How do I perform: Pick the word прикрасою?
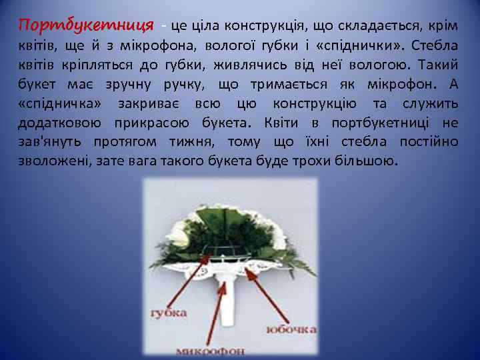pos(153,123)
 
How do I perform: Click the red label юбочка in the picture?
pos(292,329)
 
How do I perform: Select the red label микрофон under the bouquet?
pos(210,350)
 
